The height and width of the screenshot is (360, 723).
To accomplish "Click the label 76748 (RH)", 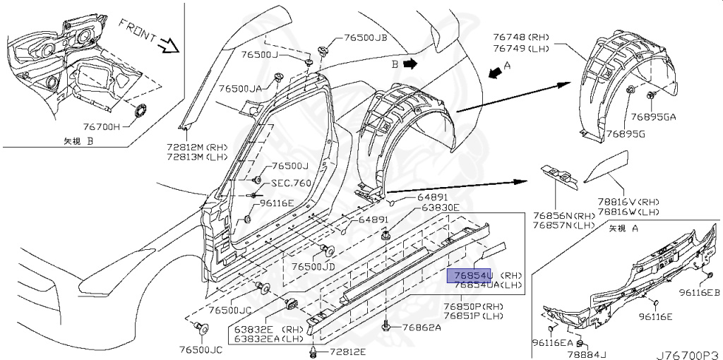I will [522, 37].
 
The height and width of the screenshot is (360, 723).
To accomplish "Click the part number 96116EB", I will [700, 292].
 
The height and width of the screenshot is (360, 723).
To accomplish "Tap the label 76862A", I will [422, 327].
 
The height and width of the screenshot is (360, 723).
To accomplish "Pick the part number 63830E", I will [440, 208].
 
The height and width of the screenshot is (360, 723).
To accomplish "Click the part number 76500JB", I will [366, 38].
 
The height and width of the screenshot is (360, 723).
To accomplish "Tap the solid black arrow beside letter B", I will [410, 63].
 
